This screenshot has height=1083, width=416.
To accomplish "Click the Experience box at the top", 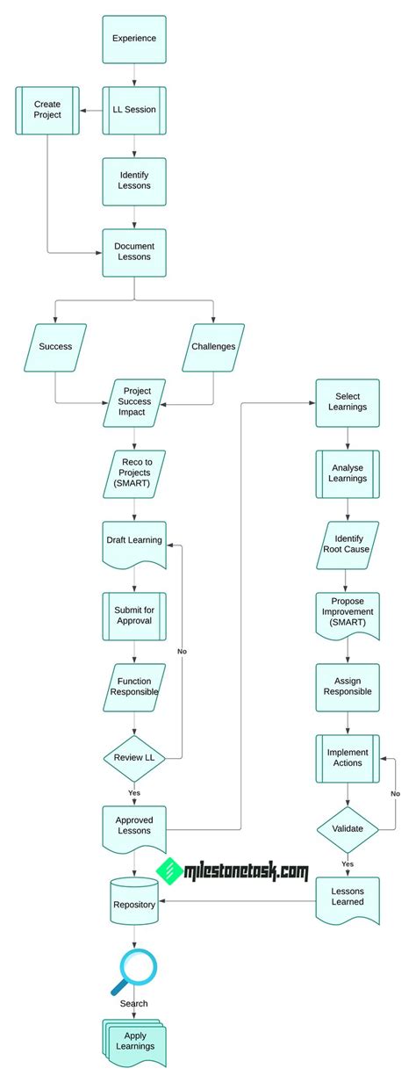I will (x=133, y=39).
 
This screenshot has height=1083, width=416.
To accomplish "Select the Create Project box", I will (x=47, y=110).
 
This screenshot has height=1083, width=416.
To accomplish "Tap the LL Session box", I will (x=133, y=110).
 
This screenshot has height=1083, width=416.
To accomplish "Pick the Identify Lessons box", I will (x=133, y=180).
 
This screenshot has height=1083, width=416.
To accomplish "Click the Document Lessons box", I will (x=133, y=251).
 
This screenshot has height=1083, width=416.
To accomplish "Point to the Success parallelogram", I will (x=55, y=346).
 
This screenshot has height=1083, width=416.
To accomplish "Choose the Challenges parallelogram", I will (x=213, y=346).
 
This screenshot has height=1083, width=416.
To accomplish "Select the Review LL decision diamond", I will (x=133, y=754).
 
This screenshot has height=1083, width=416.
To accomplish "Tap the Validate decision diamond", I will (x=348, y=827).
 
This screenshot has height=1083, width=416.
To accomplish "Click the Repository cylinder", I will (x=133, y=904).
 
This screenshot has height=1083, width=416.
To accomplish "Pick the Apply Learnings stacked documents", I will (x=133, y=1041).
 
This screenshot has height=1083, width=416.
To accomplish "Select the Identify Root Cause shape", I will (x=348, y=543).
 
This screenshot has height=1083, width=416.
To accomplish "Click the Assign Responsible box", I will (x=348, y=685).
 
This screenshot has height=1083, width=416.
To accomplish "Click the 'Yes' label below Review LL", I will (x=133, y=792).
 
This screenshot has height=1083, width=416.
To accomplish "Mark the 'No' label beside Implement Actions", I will (x=395, y=793).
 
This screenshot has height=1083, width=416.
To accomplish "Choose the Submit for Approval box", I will (x=133, y=614).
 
